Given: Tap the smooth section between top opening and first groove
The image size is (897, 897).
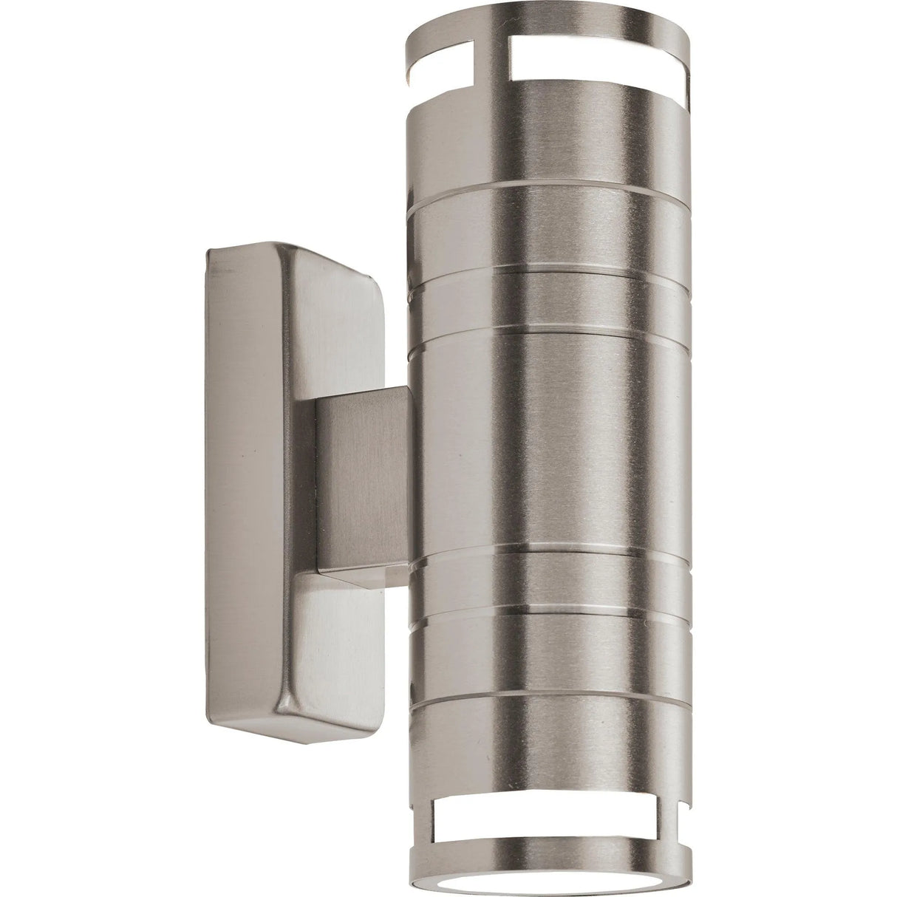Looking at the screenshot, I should click(539, 148).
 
